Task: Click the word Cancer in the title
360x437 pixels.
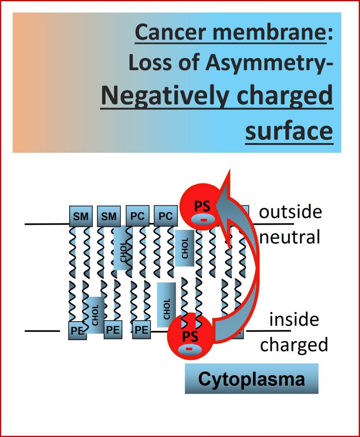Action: point(165,33)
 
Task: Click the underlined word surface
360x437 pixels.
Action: point(289,131)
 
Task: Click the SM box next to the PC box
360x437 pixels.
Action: point(109,216)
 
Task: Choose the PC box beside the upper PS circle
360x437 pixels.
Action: point(165,216)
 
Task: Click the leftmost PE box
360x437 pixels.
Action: point(77,330)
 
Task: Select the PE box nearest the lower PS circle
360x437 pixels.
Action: point(141,330)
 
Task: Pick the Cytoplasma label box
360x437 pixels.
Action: point(252,379)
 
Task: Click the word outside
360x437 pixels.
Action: point(290,212)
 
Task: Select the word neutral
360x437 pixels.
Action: point(290,237)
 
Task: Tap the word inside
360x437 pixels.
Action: point(294,319)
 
